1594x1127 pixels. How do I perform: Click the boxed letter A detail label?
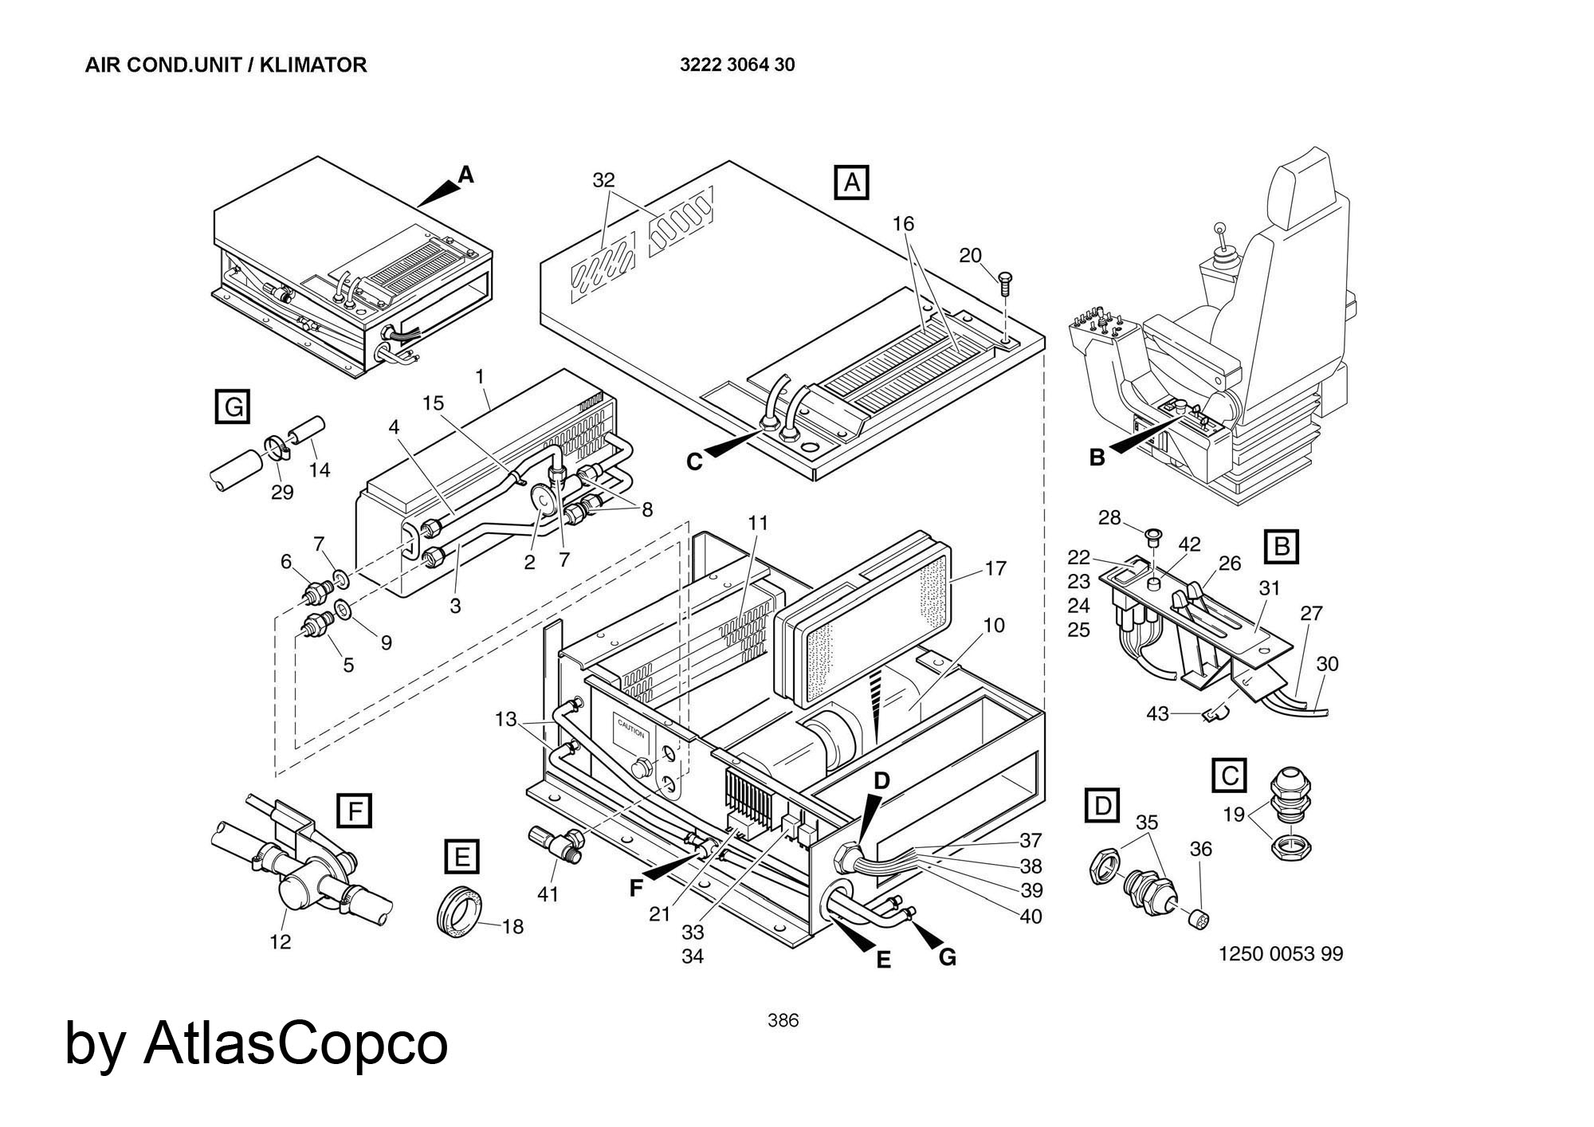point(851,183)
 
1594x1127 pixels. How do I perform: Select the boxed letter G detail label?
point(233,406)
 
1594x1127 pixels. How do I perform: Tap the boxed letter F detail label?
point(354,811)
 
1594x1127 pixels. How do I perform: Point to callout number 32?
point(604,180)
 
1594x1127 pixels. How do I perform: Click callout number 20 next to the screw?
point(970,255)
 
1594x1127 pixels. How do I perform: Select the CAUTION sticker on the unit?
point(631,734)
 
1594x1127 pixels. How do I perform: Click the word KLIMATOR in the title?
point(318,65)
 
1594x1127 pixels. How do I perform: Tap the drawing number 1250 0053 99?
point(1281,953)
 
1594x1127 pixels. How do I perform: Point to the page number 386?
point(783,1020)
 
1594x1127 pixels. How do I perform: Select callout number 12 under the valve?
point(280,942)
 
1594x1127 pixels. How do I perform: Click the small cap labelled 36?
point(1197,919)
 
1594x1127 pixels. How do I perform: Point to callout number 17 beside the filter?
point(995,568)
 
